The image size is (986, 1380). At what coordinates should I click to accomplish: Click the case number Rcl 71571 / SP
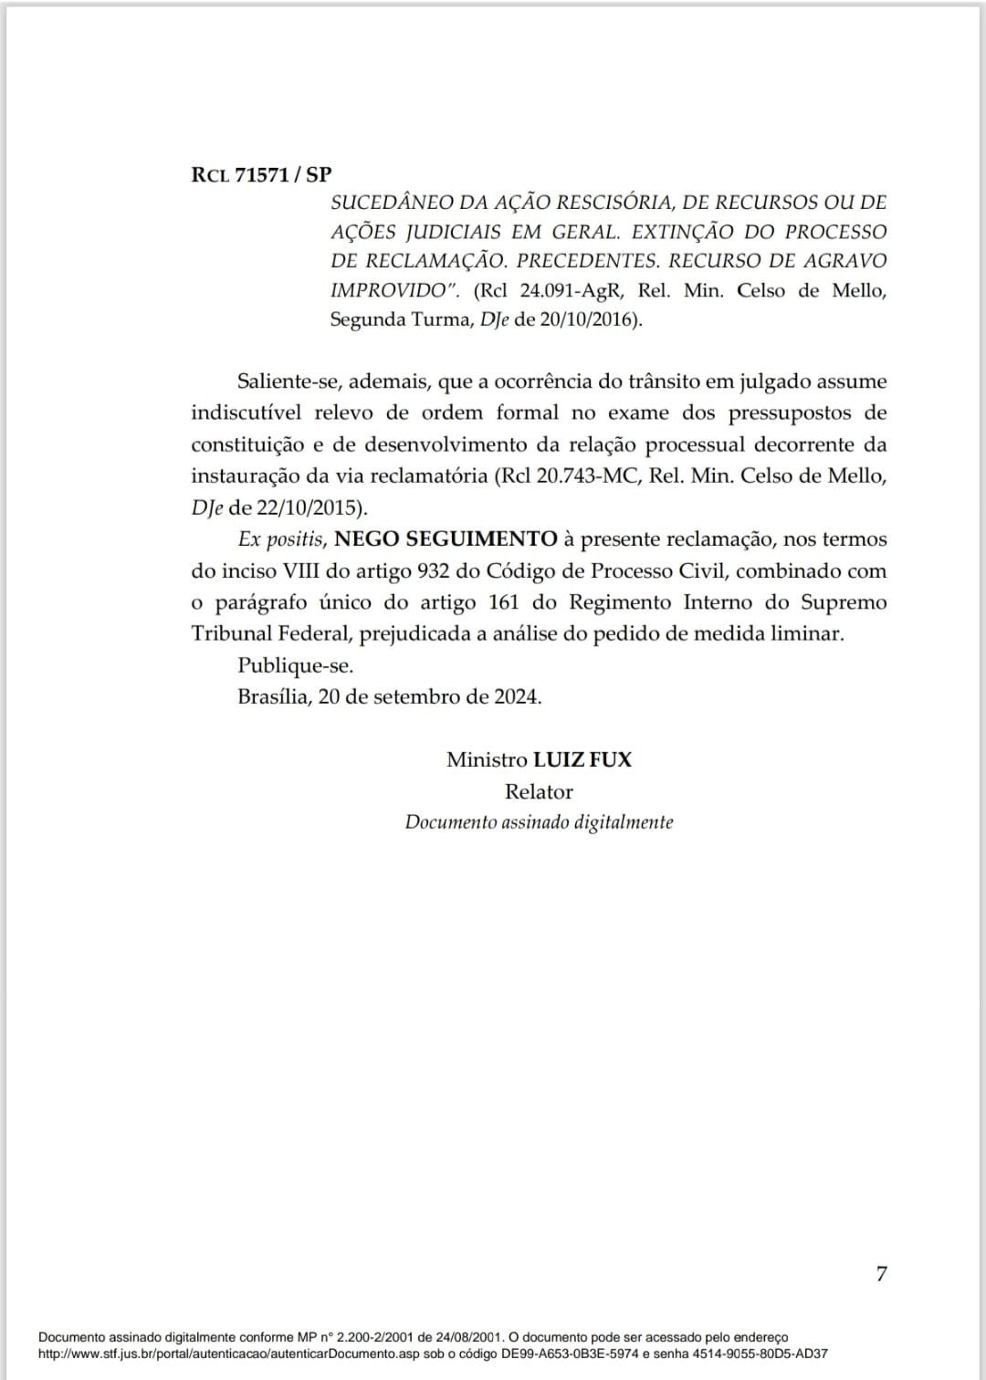[261, 174]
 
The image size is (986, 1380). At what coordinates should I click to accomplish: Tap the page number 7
[881, 1273]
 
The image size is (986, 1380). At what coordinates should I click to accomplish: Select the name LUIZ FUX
[582, 759]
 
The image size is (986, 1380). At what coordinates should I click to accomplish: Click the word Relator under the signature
[539, 791]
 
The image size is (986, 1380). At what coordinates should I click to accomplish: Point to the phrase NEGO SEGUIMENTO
[446, 539]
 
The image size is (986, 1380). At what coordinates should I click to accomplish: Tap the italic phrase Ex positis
[280, 539]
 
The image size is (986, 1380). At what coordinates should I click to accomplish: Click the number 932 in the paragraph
[434, 571]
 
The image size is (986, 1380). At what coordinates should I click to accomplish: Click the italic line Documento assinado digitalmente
[539, 822]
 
